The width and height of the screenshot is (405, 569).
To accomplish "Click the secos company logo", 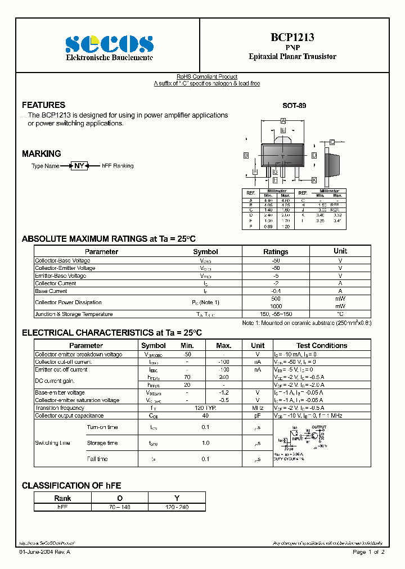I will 109,43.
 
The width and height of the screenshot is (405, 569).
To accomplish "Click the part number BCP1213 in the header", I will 292,38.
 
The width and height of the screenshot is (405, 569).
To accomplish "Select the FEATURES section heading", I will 43,105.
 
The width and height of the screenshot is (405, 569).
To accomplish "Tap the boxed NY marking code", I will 79,166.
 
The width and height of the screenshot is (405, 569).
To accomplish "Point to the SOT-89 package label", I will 294,105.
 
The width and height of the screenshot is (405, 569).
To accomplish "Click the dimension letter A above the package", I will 283,121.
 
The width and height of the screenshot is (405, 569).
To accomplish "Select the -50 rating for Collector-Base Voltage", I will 276,260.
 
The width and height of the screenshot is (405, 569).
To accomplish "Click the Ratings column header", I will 276,251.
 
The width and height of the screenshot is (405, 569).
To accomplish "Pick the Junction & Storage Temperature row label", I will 74,314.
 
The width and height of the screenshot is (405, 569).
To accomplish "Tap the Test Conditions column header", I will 322,345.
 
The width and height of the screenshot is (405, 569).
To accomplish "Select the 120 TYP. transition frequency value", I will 205,408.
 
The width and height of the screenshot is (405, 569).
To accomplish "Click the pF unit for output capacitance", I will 258,416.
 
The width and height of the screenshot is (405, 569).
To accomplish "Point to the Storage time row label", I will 102,443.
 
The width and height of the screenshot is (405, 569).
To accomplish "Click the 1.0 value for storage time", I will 205,443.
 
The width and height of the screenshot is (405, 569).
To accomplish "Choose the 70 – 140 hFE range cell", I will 120,507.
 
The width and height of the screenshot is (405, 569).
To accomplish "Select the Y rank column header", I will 177,498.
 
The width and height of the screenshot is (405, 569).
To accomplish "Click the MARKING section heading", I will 42,153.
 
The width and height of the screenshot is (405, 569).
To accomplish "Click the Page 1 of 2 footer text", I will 368,553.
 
